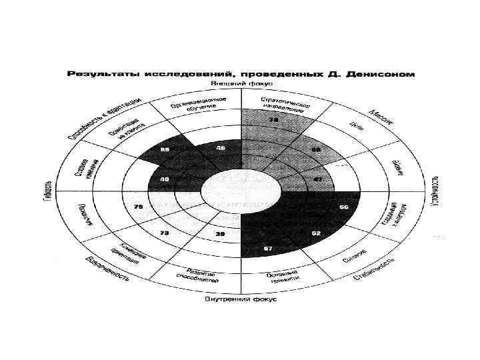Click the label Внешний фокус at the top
click(239, 83)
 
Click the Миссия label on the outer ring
click(381, 118)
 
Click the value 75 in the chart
click(139, 207)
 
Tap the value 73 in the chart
click(163, 233)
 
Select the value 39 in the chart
click(219, 234)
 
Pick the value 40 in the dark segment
click(163, 179)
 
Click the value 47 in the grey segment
click(318, 180)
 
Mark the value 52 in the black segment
click(315, 233)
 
